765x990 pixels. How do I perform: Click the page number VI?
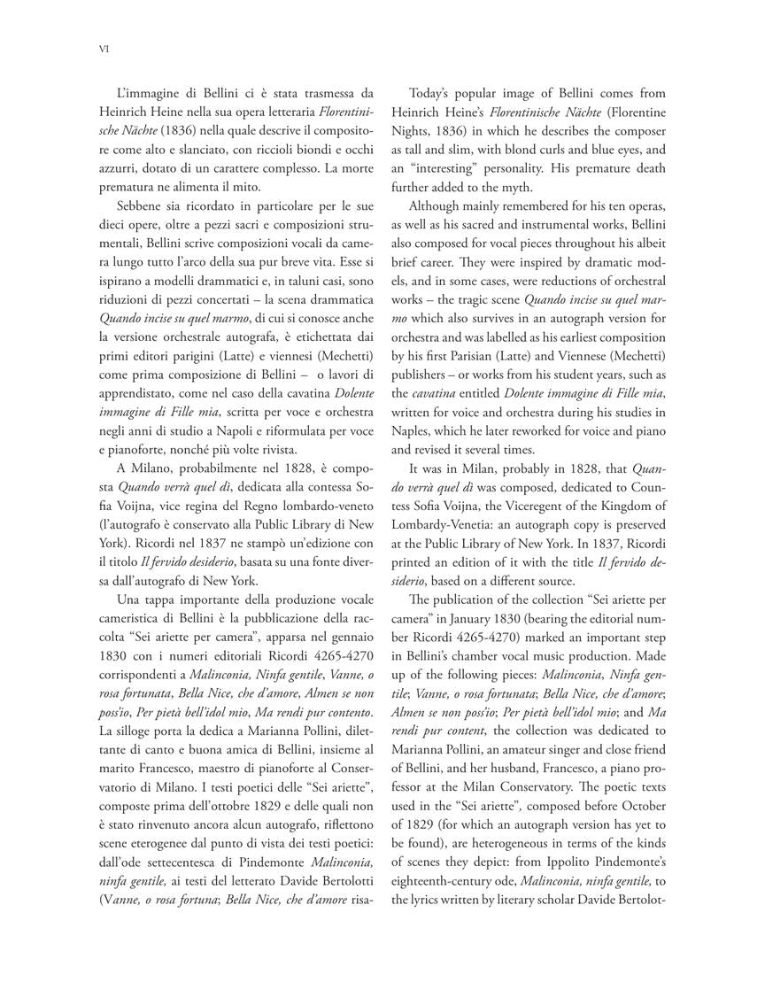tap(103, 50)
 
